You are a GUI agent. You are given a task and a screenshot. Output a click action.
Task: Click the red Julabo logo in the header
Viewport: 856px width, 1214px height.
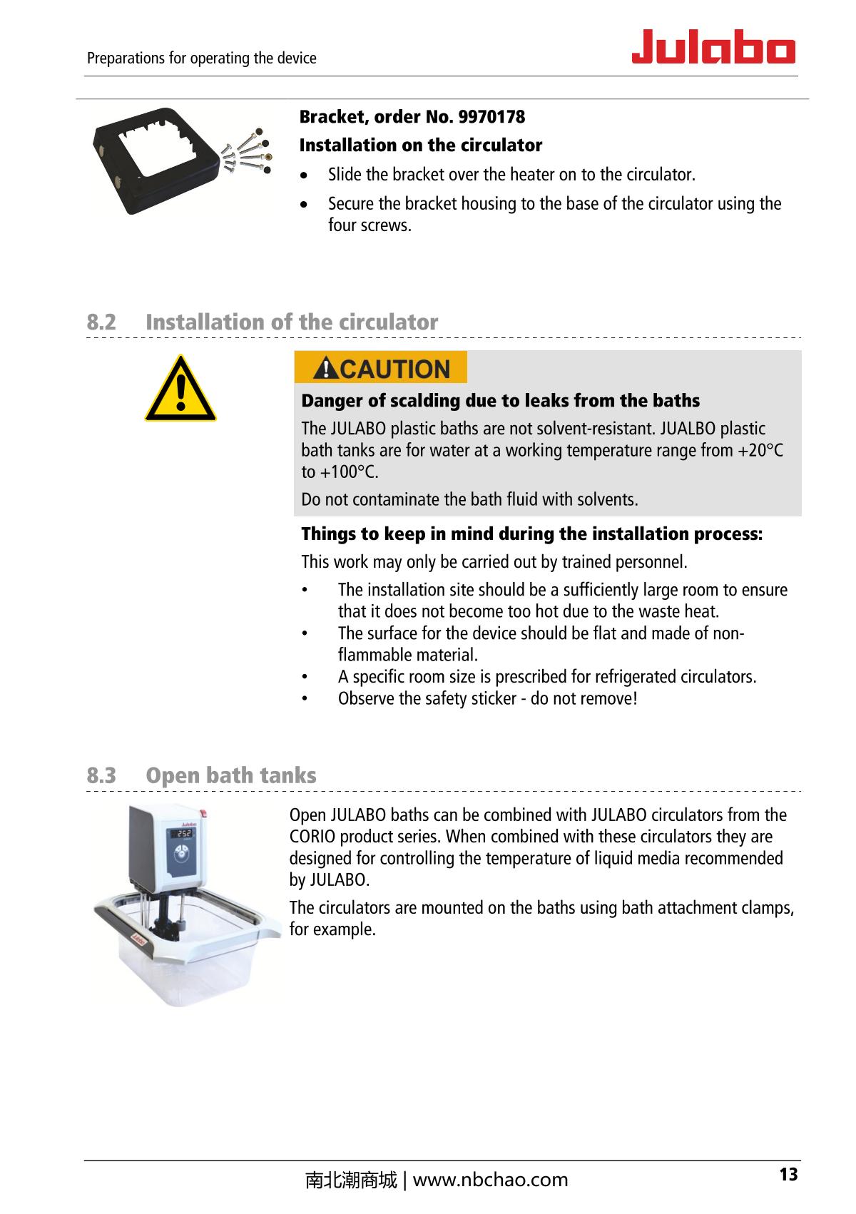[713, 47]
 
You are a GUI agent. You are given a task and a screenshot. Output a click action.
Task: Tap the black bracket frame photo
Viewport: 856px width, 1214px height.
[156, 161]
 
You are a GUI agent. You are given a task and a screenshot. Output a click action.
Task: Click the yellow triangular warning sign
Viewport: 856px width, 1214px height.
[180, 389]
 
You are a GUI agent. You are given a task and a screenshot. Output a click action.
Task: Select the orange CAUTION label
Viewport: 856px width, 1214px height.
[381, 368]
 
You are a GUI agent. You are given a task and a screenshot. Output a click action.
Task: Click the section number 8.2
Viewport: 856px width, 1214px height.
[101, 322]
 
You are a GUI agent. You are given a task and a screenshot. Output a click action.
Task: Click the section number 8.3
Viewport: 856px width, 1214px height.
[101, 775]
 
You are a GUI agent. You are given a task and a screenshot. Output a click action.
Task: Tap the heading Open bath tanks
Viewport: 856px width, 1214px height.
[230, 775]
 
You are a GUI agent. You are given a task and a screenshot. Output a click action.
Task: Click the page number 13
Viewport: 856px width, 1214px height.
[788, 1174]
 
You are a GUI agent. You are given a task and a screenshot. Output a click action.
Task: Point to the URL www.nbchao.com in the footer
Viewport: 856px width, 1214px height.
[491, 1180]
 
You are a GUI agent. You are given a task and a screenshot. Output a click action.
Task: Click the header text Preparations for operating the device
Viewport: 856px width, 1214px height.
[201, 58]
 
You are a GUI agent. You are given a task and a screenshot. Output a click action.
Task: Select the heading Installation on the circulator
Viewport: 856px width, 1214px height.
[421, 146]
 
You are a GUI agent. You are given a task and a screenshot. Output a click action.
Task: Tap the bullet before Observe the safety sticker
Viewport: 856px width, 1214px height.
[305, 698]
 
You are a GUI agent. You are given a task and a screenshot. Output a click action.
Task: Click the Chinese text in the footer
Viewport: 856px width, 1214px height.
[350, 1180]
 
